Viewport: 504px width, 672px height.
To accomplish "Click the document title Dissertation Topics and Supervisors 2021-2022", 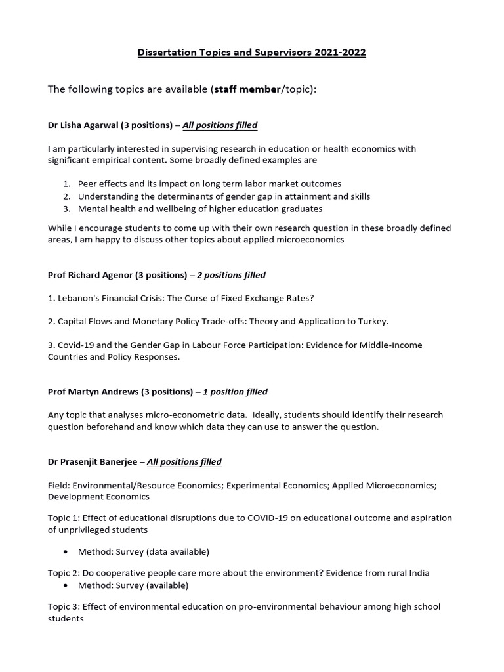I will pyautogui.click(x=252, y=52).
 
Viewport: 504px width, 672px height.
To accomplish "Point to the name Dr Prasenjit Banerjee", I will pyautogui.click(x=93, y=462).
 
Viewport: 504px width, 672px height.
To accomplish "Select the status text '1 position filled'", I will pyautogui.click(x=235, y=392).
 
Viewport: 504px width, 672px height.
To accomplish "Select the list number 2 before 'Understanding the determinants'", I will pyautogui.click(x=67, y=196).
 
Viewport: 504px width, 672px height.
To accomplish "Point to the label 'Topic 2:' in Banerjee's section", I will pyautogui.click(x=64, y=573).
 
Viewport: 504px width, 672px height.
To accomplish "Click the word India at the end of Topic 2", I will pyautogui.click(x=418, y=573).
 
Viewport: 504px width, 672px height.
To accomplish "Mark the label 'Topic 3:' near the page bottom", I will pyautogui.click(x=64, y=607).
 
